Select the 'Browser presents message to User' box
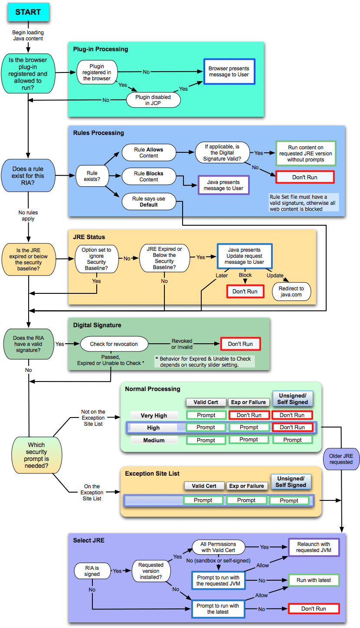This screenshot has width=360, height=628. (229, 72)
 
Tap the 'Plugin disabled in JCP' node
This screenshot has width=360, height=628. (153, 100)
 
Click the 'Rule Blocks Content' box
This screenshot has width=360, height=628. (149, 176)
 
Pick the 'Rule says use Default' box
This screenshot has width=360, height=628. (149, 201)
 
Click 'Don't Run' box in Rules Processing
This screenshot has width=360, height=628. (305, 177)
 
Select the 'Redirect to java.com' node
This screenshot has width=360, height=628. (291, 291)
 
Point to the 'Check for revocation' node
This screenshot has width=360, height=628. (114, 344)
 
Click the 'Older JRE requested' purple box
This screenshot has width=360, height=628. (341, 459)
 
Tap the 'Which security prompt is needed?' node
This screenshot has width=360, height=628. (36, 455)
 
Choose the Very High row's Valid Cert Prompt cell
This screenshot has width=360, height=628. (206, 415)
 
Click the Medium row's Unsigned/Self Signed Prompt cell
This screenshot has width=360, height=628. (292, 440)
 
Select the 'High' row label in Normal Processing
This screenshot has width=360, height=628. (154, 427)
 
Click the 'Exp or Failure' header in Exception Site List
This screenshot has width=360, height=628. (246, 486)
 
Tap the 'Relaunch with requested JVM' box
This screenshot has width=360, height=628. (314, 547)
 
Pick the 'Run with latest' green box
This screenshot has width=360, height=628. (314, 580)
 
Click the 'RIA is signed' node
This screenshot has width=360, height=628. (92, 571)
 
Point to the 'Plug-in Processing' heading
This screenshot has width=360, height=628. (101, 49)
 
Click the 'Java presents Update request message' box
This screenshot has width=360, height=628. (244, 256)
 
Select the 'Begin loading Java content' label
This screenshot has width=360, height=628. (28, 35)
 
